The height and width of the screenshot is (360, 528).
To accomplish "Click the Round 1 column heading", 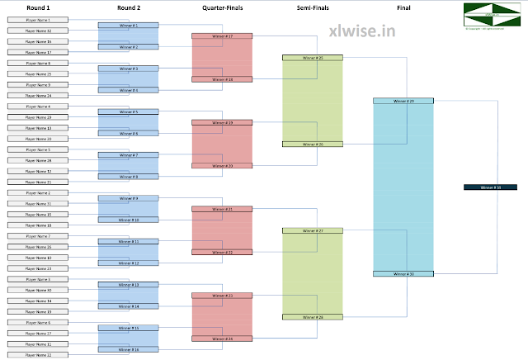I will pos(38,7).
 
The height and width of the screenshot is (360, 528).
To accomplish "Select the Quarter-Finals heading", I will pos(222,7).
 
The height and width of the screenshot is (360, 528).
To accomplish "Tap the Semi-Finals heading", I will pos(313,7).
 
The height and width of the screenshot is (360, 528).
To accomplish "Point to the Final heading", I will pos(403,7).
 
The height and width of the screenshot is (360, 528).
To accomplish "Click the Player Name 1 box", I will pos(38,20).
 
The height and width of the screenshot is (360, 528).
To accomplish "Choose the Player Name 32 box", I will pos(38,31).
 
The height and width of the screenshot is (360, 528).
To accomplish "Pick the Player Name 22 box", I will pos(38,355).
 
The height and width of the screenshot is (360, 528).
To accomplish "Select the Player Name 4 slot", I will pos(38,107).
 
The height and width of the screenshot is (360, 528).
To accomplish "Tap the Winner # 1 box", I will pos(129,26).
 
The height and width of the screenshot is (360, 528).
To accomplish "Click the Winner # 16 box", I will pos(129,350).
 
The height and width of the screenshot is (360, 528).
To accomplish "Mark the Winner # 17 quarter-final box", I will pos(222,36).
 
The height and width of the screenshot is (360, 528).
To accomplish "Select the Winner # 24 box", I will pos(222,339).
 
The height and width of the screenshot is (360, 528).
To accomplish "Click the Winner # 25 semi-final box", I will pos(313,58).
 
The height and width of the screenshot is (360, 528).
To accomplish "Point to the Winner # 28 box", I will pos(313,317).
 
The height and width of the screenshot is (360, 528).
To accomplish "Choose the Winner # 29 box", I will pos(403,101).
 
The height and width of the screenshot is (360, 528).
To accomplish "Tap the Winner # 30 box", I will pos(403,273).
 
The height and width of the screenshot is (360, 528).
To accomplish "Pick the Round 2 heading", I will pos(129,7).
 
